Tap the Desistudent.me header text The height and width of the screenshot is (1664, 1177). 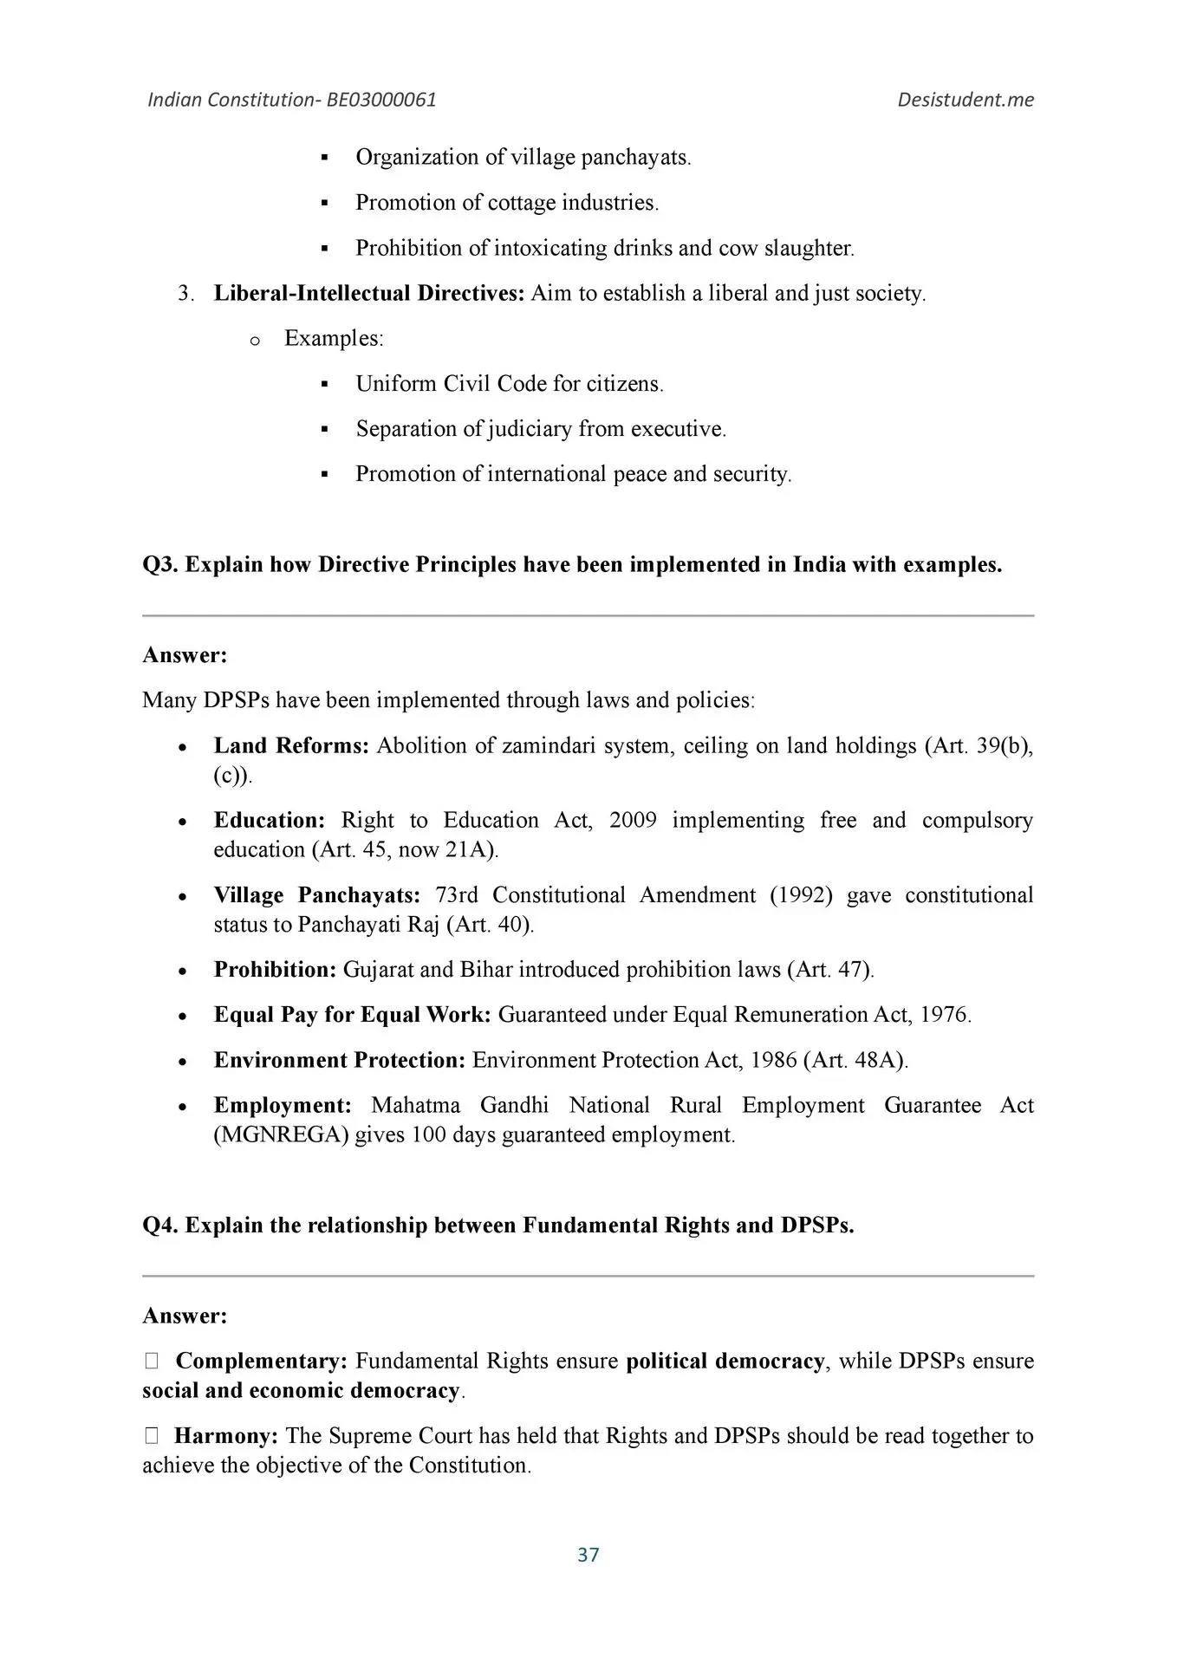click(x=965, y=100)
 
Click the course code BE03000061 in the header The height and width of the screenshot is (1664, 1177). click(x=381, y=100)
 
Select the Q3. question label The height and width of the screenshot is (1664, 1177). click(x=160, y=564)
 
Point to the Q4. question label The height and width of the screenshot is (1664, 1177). click(x=160, y=1225)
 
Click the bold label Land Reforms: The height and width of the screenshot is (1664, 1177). click(x=291, y=745)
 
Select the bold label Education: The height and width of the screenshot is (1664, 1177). click(x=270, y=820)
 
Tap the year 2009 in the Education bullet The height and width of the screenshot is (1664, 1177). click(x=633, y=820)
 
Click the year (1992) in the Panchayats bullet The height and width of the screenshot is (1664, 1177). click(x=801, y=894)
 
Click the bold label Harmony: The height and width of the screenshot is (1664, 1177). click(x=226, y=1436)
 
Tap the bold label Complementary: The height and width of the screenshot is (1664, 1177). click(x=261, y=1361)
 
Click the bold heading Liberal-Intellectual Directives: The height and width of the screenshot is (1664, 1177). click(x=369, y=293)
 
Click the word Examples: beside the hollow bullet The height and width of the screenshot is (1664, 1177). click(x=334, y=338)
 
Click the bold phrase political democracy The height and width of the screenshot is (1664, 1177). click(x=725, y=1361)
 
